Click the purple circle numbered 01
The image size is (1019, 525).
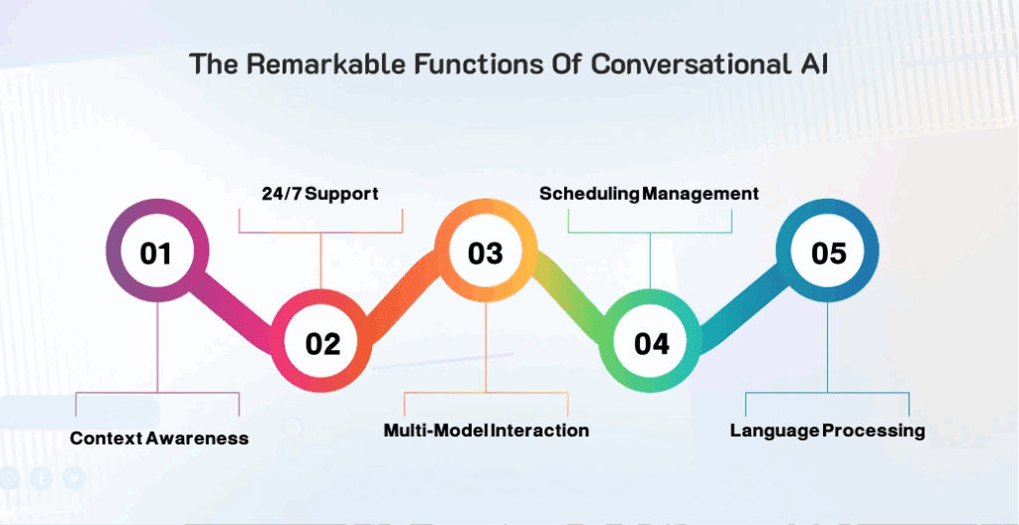(x=157, y=251)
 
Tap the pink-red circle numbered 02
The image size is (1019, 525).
(x=321, y=341)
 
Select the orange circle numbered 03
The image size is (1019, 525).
(x=486, y=251)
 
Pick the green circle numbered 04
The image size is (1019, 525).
(x=651, y=341)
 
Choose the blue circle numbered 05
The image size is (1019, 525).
(x=827, y=251)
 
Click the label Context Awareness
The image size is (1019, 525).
(x=159, y=437)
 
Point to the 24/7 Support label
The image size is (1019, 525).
(x=320, y=194)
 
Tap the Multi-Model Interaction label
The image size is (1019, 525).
(x=486, y=431)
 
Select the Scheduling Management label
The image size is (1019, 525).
(x=649, y=194)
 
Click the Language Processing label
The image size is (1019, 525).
(x=827, y=431)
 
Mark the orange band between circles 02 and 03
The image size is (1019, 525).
(x=403, y=295)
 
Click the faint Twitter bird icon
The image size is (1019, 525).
(x=74, y=478)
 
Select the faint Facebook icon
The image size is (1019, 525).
(x=41, y=478)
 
